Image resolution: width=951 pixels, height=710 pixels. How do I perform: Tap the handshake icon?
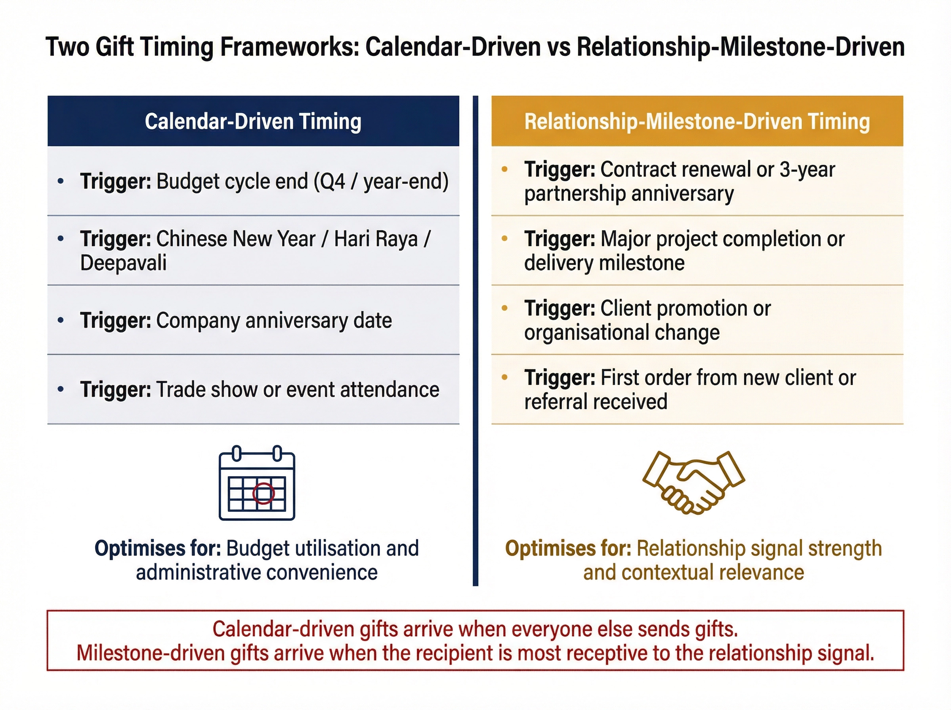(693, 482)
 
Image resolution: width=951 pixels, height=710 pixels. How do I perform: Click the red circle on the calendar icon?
(264, 493)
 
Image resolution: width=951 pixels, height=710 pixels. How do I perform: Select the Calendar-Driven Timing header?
(253, 121)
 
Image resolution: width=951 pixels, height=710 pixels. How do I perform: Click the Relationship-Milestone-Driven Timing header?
(697, 121)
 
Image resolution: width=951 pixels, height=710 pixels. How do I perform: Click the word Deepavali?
(123, 263)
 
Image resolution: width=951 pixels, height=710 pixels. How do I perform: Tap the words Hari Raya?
(376, 239)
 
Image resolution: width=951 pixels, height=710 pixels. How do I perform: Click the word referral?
(557, 402)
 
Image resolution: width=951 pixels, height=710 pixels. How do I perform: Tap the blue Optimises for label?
(158, 548)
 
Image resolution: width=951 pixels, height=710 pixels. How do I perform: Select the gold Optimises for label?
(568, 548)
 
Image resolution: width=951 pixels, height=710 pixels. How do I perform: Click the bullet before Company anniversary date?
(61, 320)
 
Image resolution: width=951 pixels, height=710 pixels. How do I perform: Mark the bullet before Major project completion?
(504, 239)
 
